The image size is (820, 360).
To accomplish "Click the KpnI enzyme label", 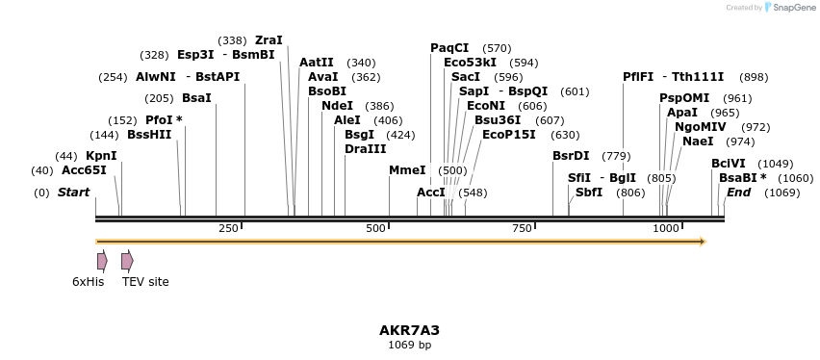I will pyautogui.click(x=101, y=156).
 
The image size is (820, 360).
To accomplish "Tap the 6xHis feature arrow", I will pyautogui.click(x=101, y=261).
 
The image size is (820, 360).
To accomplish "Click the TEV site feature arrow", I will pyautogui.click(x=127, y=261).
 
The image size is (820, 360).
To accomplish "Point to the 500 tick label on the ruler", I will pyautogui.click(x=375, y=228).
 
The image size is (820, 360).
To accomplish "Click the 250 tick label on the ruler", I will pyautogui.click(x=228, y=228).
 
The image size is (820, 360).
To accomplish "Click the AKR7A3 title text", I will pyautogui.click(x=409, y=330).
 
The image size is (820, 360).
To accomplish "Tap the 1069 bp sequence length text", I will pyautogui.click(x=409, y=345).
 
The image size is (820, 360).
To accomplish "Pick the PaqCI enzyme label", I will pyautogui.click(x=449, y=48).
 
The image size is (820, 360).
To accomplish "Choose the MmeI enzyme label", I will pyautogui.click(x=407, y=170).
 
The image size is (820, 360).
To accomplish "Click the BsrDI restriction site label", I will pyautogui.click(x=571, y=156).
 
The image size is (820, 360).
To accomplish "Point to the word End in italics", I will pyautogui.click(x=739, y=193).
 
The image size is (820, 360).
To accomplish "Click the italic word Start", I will pyautogui.click(x=73, y=193).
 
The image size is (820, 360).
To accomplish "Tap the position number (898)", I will pyautogui.click(x=755, y=77).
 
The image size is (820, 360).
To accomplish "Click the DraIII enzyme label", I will pyautogui.click(x=365, y=148).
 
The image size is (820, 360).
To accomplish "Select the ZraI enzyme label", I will pyautogui.click(x=269, y=40).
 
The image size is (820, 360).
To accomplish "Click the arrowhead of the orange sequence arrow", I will pyautogui.click(x=702, y=242).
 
